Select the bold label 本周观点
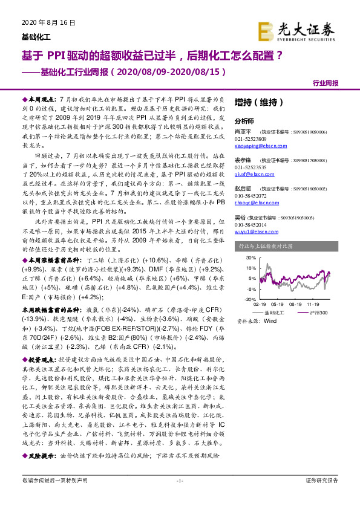41,98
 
